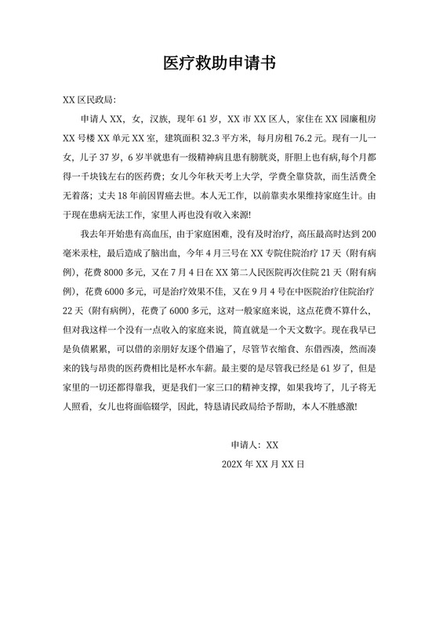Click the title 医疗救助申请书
click(x=219, y=63)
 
